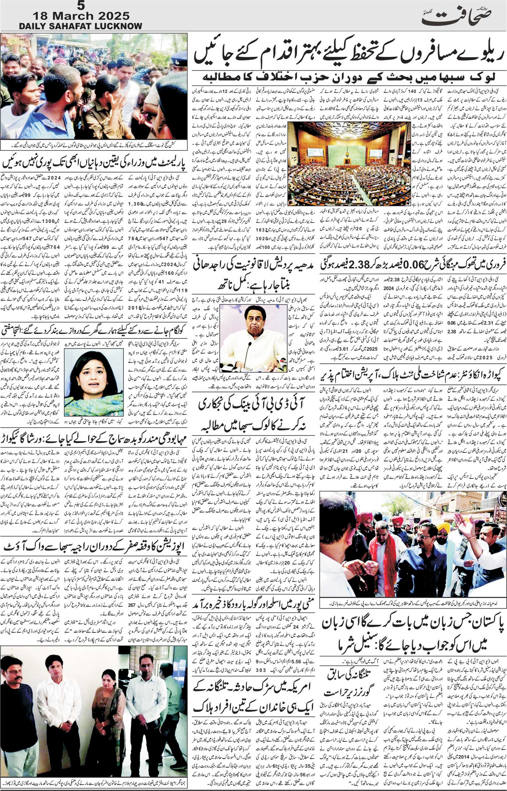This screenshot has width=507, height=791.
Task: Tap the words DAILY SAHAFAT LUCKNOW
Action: [81, 26]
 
